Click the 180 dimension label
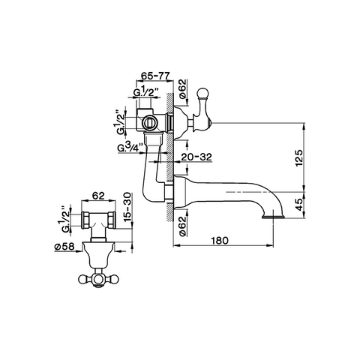220,241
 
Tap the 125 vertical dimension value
298,158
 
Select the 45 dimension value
298,204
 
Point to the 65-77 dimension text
155,75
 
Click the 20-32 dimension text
196,157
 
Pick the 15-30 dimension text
127,206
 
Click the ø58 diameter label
64,247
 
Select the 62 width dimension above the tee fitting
98,196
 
